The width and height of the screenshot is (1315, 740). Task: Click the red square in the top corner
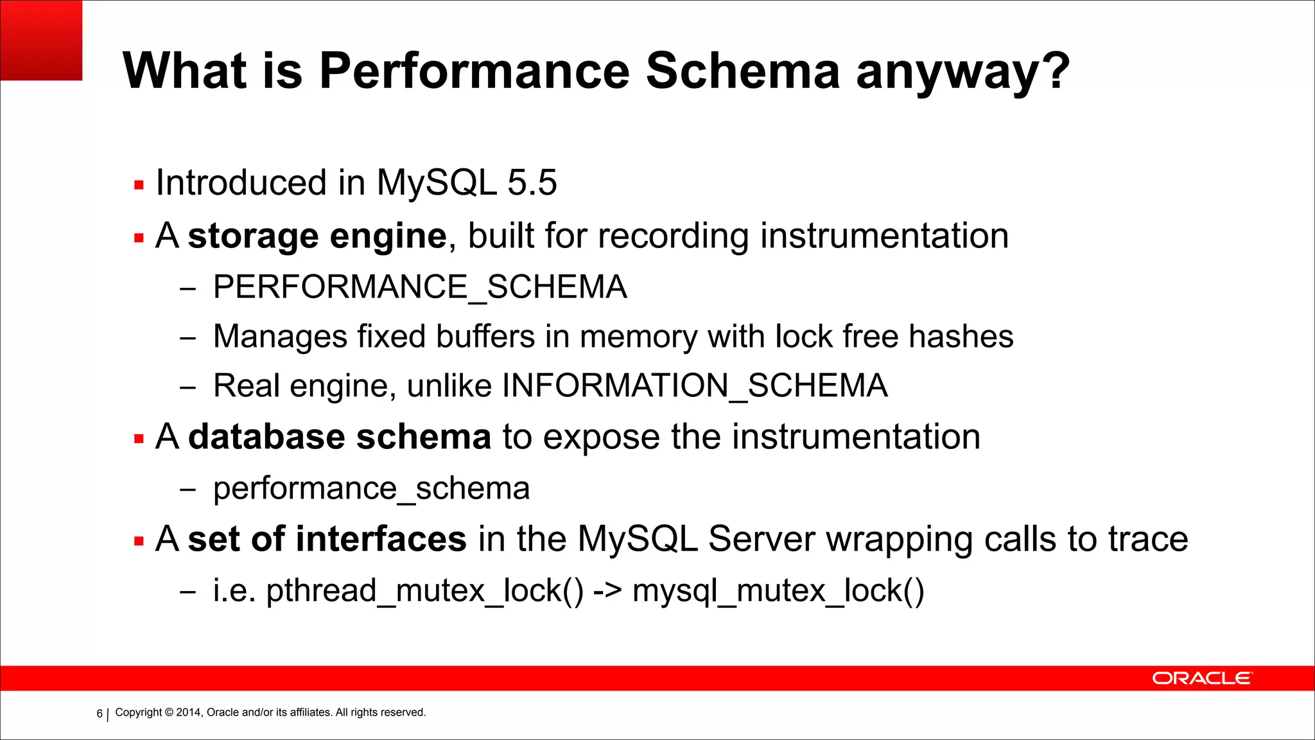click(41, 40)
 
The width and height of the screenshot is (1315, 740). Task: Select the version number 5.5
click(532, 182)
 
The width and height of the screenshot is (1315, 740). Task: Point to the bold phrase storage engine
click(317, 236)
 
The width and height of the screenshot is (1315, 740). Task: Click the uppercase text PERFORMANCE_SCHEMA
click(420, 286)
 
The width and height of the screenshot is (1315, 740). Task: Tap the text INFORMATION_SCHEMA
click(695, 386)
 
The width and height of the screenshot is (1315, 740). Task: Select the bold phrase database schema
click(340, 437)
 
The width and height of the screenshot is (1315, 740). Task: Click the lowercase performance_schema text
click(371, 488)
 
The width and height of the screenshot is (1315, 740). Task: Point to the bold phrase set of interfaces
click(327, 538)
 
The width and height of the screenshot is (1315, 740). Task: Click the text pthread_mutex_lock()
click(424, 590)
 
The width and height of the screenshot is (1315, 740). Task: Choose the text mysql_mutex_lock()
click(778, 590)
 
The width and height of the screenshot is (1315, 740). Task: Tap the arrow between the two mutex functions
click(607, 590)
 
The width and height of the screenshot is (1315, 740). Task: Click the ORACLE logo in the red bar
click(1201, 678)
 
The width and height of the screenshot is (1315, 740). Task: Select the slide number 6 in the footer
click(100, 713)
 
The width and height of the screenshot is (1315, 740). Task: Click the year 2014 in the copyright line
click(188, 712)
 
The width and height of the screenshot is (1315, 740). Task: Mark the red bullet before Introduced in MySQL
click(139, 185)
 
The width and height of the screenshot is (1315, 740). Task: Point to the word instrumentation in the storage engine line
click(884, 236)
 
